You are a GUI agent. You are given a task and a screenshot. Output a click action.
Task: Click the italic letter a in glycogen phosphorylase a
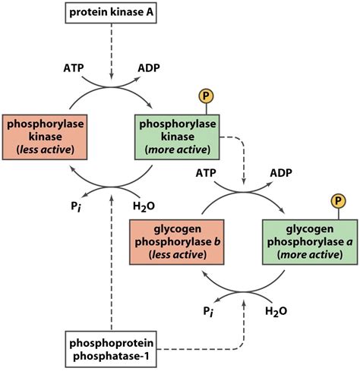coord(336,241)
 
